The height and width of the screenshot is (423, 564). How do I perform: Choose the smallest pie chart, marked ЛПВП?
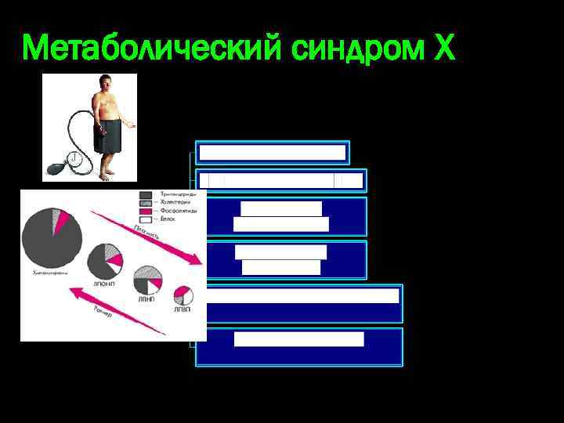point(183,295)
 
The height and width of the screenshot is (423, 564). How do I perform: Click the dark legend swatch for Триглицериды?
point(146,194)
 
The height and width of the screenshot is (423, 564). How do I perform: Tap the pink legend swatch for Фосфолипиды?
point(146,211)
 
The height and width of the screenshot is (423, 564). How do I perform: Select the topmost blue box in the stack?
point(272,152)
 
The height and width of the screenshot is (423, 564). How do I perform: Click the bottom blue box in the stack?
point(299,346)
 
